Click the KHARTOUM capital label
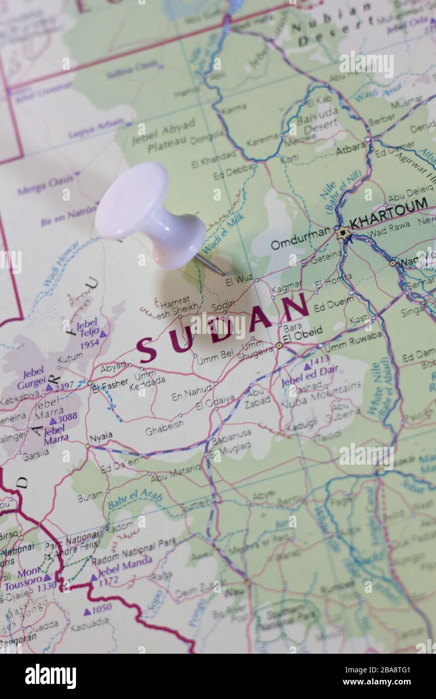pyautogui.click(x=388, y=215)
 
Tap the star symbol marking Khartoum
pyautogui.click(x=343, y=232)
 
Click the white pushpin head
pyautogui.click(x=132, y=201)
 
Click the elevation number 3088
pyautogui.click(x=66, y=417)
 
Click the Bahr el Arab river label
pyautogui.click(x=134, y=497)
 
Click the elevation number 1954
pyautogui.click(x=89, y=343)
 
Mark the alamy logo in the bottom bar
pyautogui.click(x=50, y=676)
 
